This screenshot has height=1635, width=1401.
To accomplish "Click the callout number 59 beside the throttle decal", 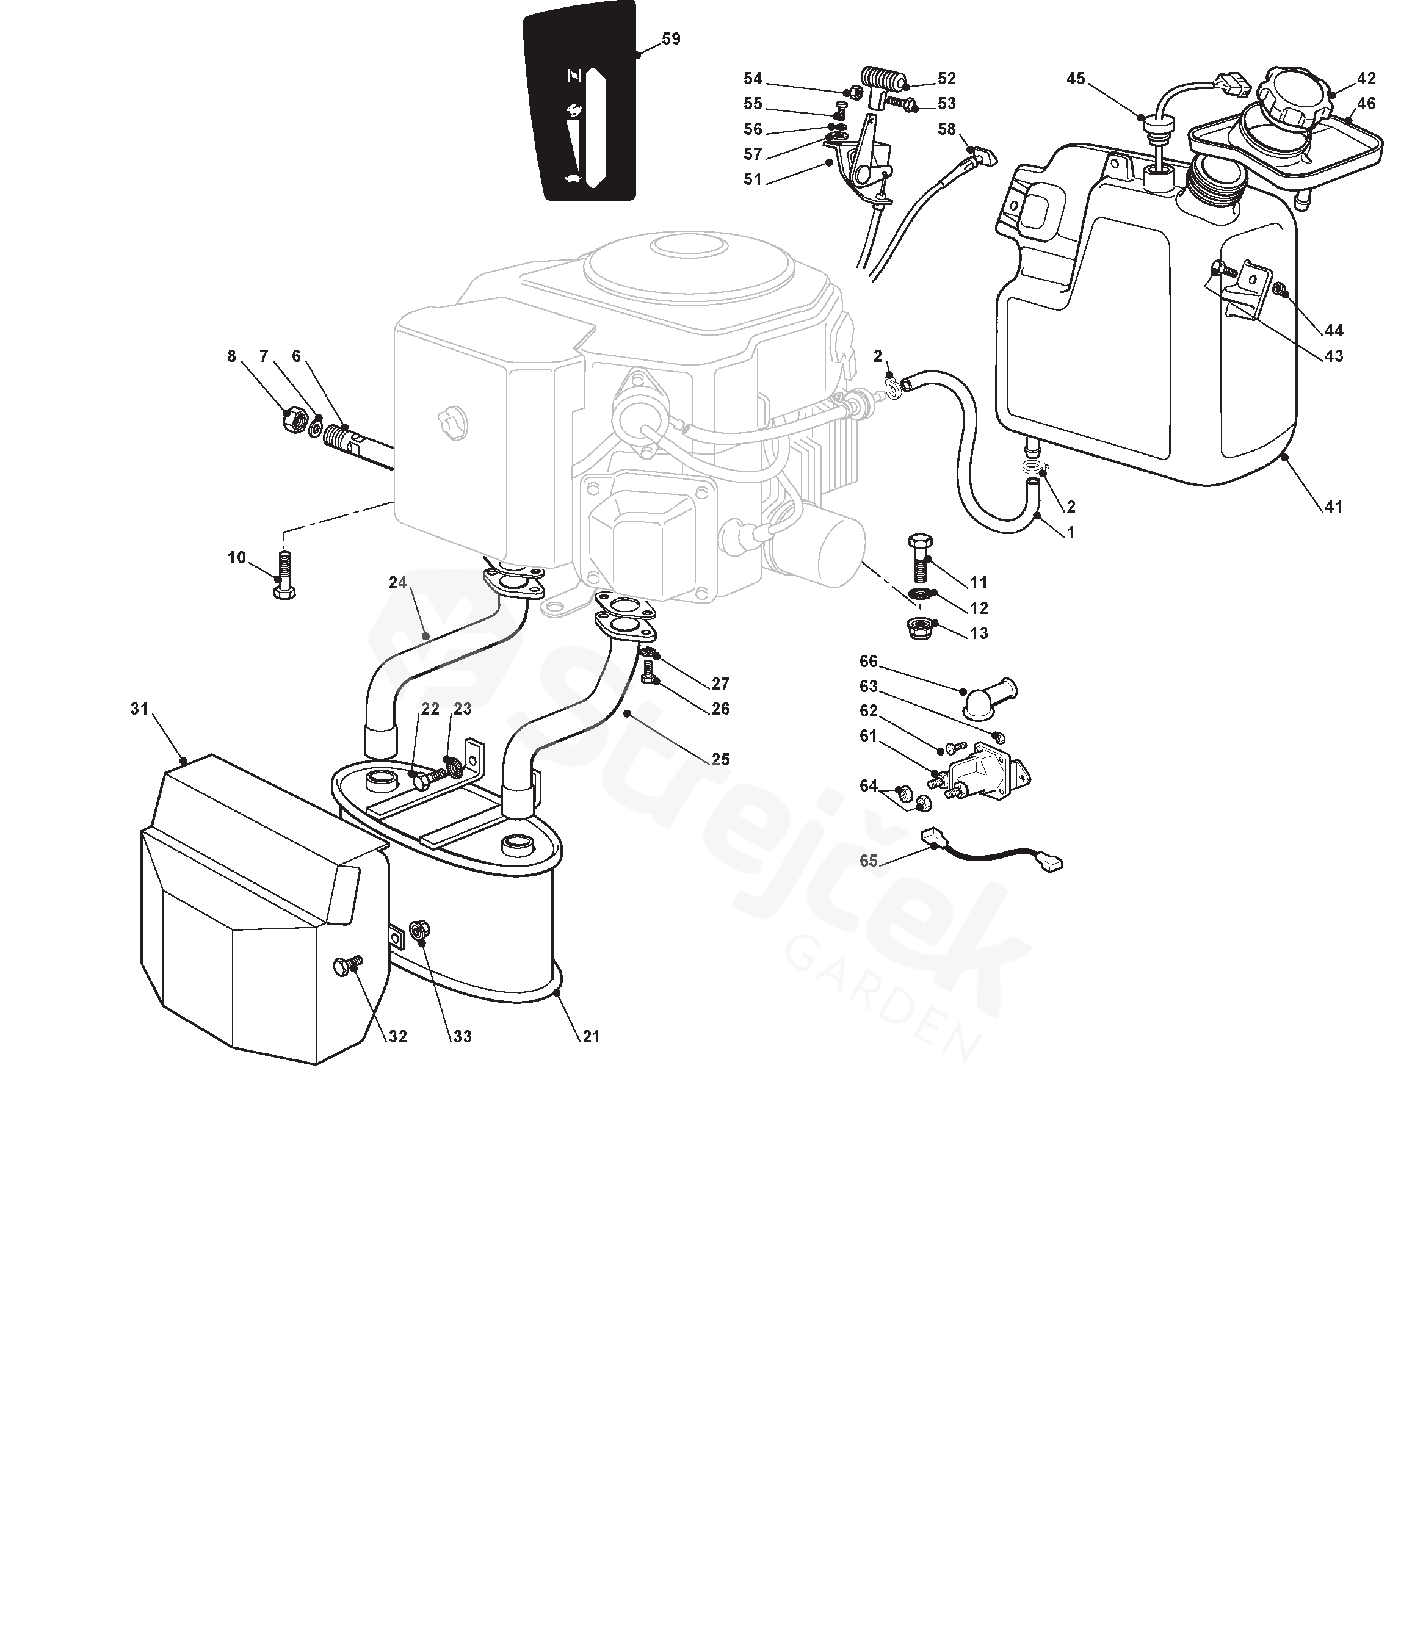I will point(670,38).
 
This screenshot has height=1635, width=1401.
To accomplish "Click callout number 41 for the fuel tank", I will point(1333,507).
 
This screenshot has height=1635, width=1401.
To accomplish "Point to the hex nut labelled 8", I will point(294,420).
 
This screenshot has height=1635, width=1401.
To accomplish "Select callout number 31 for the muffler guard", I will point(139,709).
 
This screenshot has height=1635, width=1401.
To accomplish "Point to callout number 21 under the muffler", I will point(591,1037).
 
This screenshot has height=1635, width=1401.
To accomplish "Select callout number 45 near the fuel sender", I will point(1076,78).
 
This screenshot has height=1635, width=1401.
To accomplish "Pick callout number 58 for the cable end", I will point(946,129).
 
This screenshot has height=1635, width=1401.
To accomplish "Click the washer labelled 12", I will point(919,593).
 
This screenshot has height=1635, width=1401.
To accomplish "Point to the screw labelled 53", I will point(902,103).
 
